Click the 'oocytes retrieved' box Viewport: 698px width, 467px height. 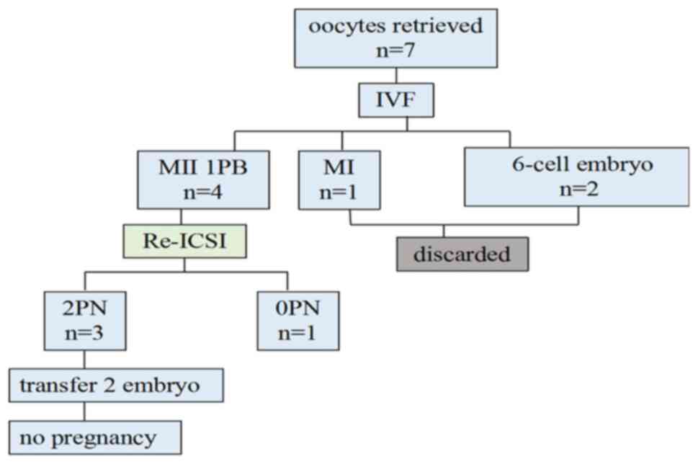(x=395, y=38)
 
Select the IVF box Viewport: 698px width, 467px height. (x=396, y=100)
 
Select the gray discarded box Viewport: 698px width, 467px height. (x=462, y=254)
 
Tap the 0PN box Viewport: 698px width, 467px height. (x=297, y=321)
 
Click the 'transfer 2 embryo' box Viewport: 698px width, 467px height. (x=116, y=385)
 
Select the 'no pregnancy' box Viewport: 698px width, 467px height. (x=95, y=437)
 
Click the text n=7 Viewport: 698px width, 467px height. (x=395, y=51)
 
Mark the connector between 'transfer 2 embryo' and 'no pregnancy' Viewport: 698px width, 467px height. (x=84, y=412)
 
